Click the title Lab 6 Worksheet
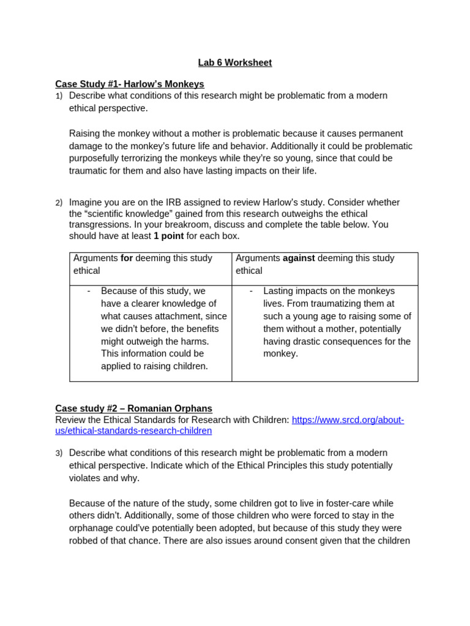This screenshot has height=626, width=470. pyautogui.click(x=234, y=62)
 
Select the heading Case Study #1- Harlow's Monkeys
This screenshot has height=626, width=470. pyautogui.click(x=129, y=84)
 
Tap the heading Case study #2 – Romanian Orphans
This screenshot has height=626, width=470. pyautogui.click(x=133, y=408)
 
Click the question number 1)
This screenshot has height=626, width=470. pyautogui.click(x=59, y=96)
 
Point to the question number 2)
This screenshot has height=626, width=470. pyautogui.click(x=59, y=202)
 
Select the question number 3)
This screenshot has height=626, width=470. pyautogui.click(x=59, y=453)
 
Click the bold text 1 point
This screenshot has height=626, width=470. pyautogui.click(x=168, y=236)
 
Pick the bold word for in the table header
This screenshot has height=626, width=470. pyautogui.click(x=127, y=258)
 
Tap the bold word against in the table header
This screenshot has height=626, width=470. pyautogui.click(x=299, y=258)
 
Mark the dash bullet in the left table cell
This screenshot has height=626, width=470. pyautogui.click(x=89, y=291)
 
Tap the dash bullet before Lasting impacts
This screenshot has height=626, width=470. pyautogui.click(x=251, y=291)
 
